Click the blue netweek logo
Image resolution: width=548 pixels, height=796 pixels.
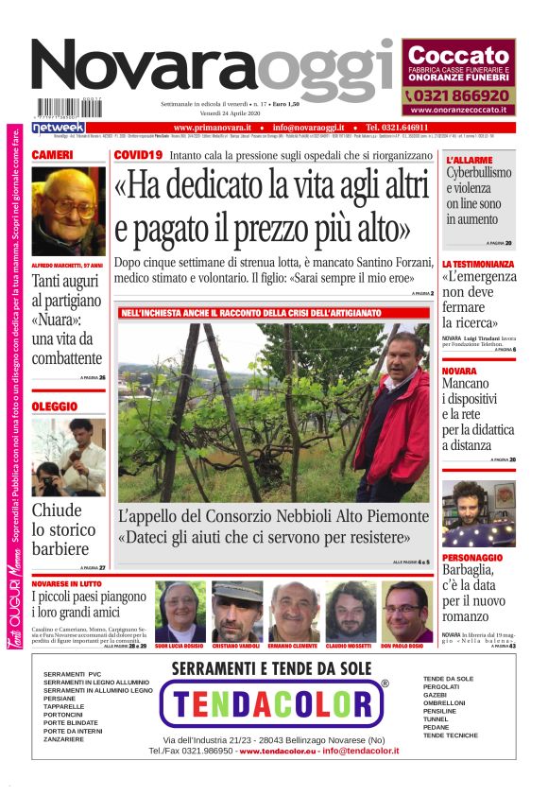coord(59,127)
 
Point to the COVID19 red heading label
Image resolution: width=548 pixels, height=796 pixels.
coord(138,154)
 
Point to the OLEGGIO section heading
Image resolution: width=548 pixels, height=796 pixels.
coord(55,406)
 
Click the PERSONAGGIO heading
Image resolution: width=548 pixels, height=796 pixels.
coord(478,558)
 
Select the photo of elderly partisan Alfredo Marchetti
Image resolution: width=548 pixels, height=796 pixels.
coord(68,211)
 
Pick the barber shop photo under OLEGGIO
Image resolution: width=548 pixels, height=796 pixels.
coord(68,457)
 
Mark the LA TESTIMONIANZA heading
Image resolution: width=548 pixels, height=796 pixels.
coord(479,264)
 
